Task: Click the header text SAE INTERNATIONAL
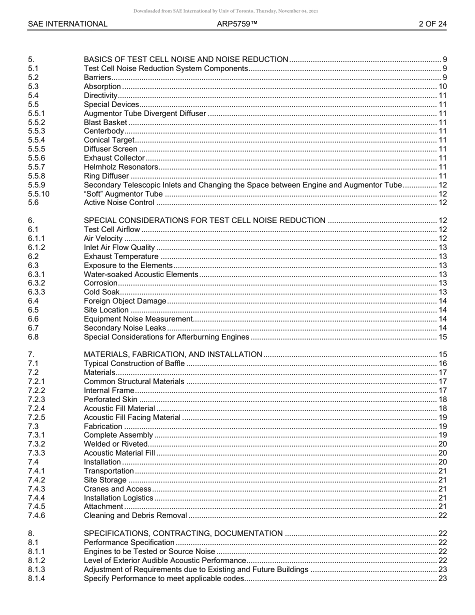click(67, 23)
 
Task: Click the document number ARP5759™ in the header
click(237, 23)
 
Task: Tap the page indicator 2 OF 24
click(432, 23)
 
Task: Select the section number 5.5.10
click(39, 194)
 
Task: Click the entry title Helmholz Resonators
click(121, 167)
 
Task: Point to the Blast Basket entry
click(105, 122)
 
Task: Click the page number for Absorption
click(442, 86)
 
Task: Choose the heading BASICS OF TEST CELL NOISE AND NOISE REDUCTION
click(186, 59)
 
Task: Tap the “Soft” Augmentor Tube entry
click(123, 194)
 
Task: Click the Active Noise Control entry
click(119, 203)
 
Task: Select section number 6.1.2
click(36, 247)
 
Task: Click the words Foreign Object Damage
click(125, 301)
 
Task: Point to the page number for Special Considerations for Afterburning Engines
click(442, 337)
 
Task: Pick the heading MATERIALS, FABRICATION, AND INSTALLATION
click(173, 354)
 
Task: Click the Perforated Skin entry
click(110, 399)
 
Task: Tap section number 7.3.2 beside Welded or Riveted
click(36, 444)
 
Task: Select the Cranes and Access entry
click(117, 489)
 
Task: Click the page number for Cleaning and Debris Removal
click(442, 515)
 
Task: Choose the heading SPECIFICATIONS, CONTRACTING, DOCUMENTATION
click(183, 533)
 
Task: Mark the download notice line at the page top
click(226, 11)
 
